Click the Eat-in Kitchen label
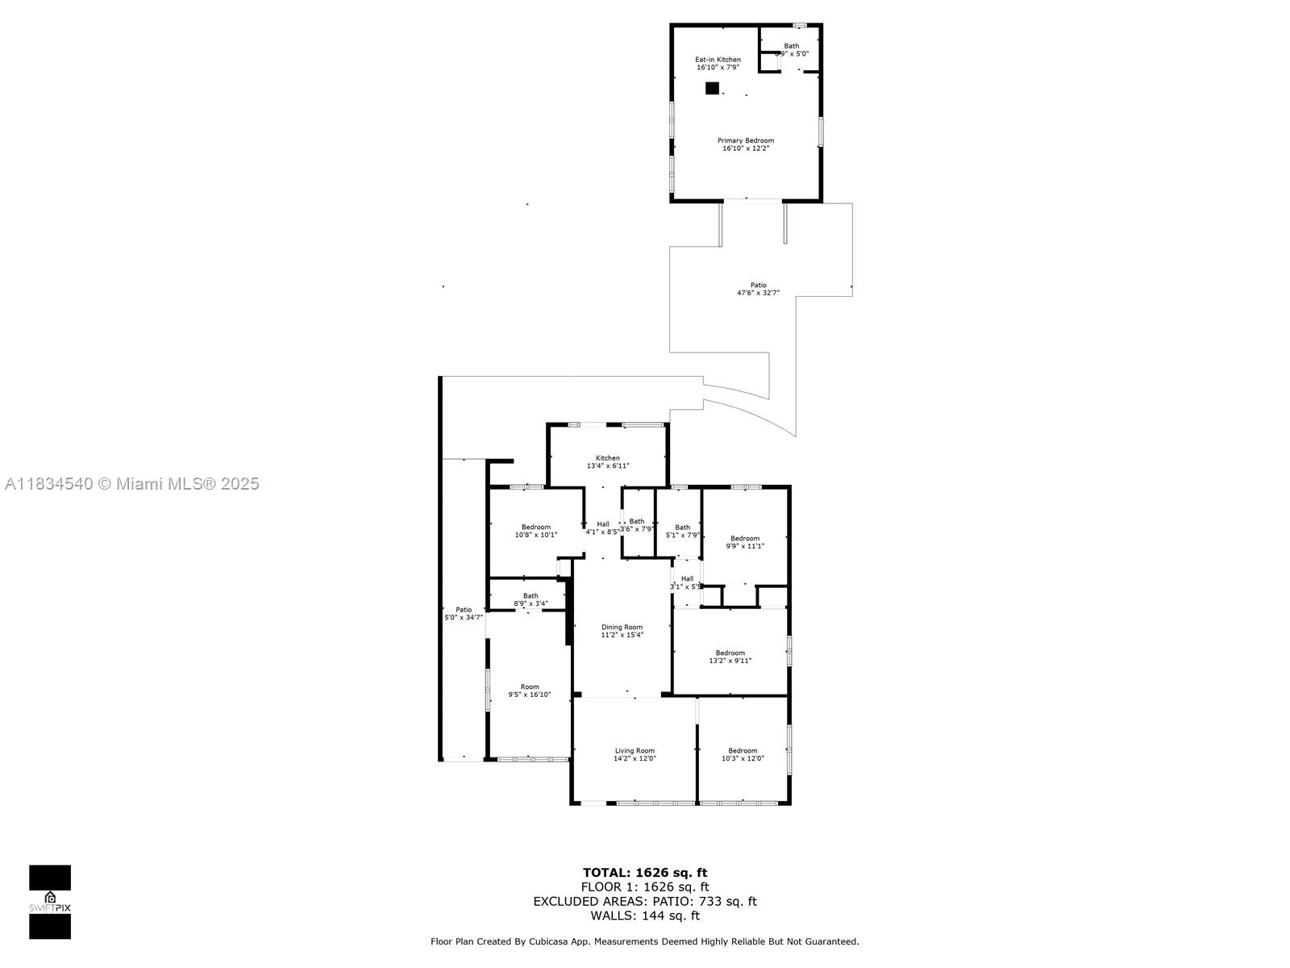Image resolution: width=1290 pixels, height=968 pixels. (718, 63)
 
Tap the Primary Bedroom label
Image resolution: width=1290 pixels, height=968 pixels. (746, 144)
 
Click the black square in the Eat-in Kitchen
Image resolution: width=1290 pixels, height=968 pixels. (712, 89)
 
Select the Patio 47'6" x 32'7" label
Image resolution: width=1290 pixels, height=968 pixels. (758, 289)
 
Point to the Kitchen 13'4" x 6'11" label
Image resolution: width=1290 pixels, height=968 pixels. (608, 461)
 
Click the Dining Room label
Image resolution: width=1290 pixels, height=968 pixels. (622, 631)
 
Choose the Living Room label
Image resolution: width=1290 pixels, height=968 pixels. (635, 754)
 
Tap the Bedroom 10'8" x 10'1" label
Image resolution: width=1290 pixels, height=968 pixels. (536, 531)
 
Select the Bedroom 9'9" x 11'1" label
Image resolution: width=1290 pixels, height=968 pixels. (745, 542)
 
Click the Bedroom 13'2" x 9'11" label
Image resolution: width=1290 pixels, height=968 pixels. (730, 657)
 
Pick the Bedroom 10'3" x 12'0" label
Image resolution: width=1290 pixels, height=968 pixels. (743, 754)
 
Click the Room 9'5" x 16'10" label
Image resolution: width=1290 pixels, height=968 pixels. (529, 691)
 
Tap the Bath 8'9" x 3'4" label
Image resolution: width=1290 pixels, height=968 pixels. (531, 599)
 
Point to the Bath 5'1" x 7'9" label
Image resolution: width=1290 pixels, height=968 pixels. (682, 531)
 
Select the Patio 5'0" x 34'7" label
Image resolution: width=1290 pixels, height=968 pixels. (464, 613)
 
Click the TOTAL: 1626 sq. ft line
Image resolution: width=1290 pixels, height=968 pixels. (645, 872)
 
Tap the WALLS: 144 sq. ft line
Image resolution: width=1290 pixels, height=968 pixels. (645, 916)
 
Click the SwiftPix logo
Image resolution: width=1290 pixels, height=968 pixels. (50, 902)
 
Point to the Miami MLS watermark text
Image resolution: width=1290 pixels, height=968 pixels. (132, 484)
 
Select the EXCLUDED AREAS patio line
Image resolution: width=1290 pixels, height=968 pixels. (645, 901)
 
